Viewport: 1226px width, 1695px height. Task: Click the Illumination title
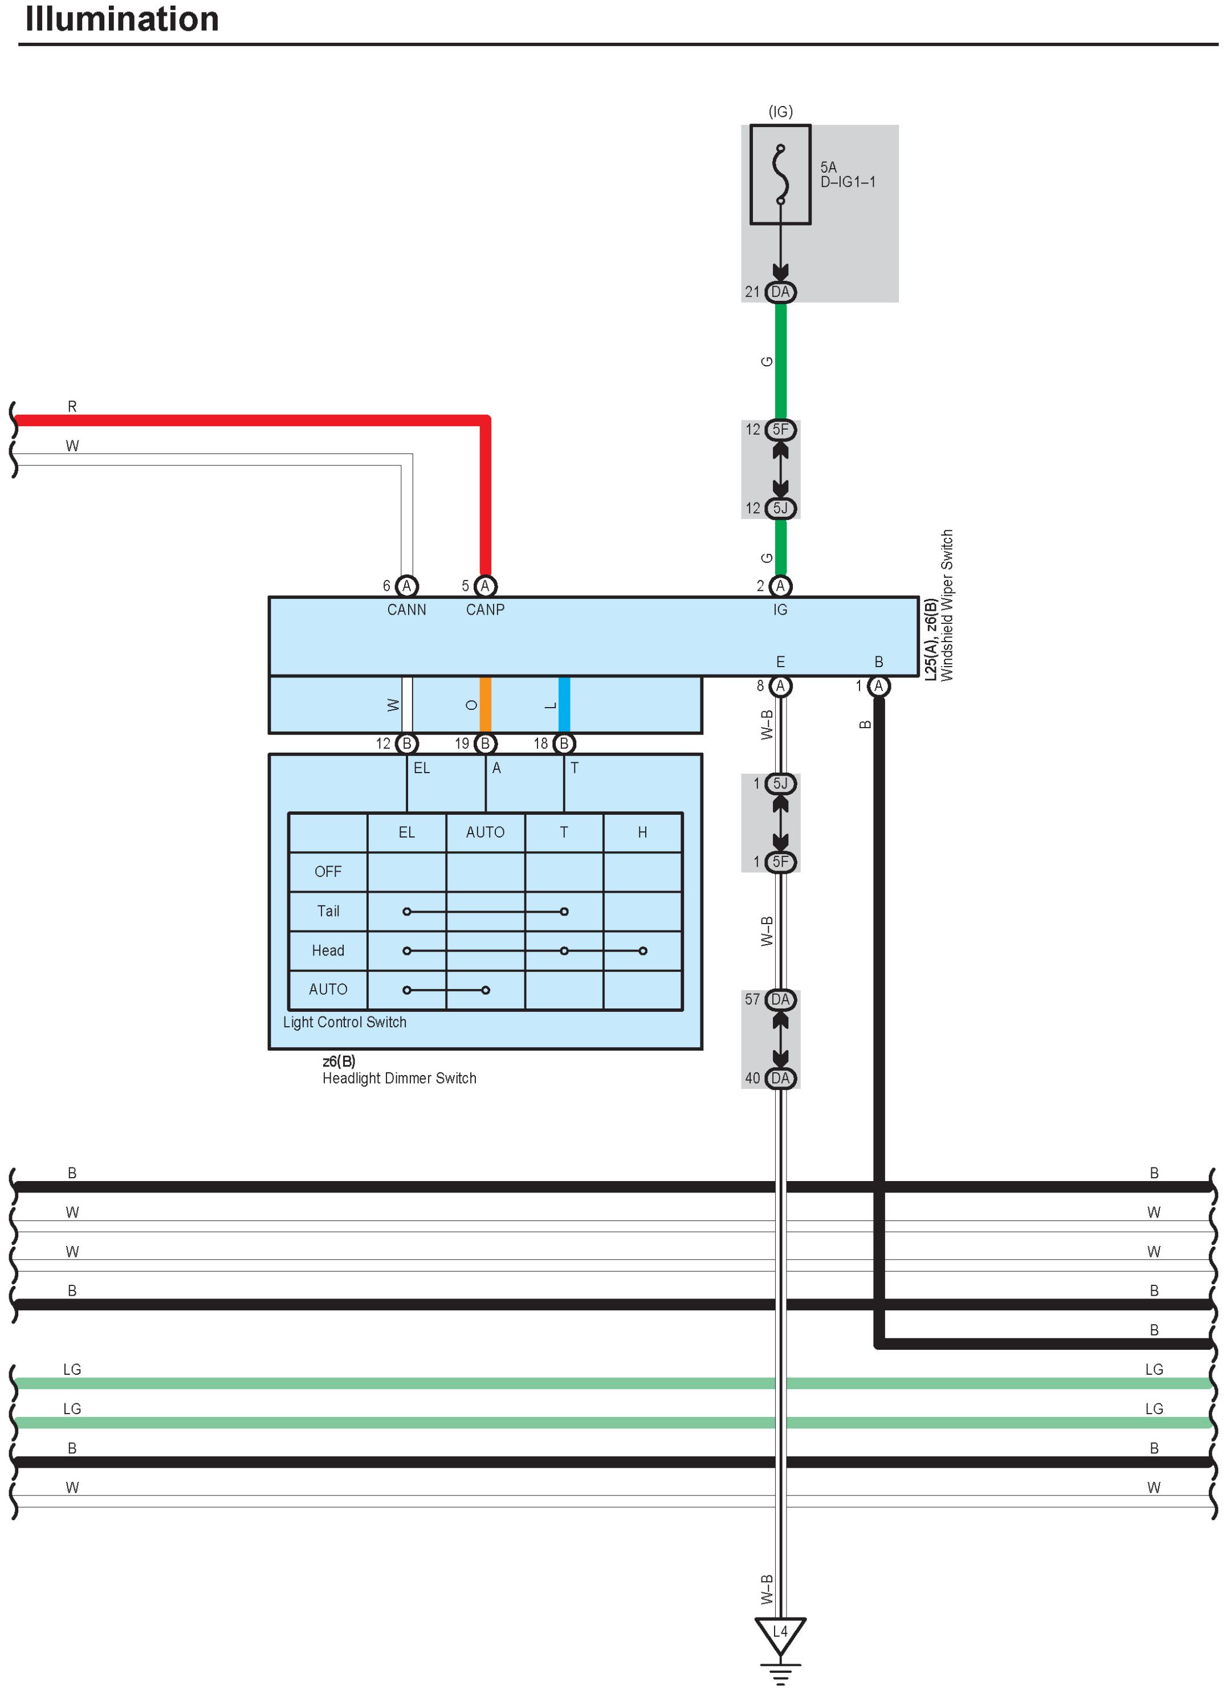tap(122, 19)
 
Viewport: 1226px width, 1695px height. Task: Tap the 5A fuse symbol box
tap(780, 174)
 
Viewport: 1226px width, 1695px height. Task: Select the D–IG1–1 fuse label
tap(848, 182)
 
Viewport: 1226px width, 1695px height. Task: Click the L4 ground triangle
tap(780, 1632)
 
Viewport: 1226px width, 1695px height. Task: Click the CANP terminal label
tap(485, 610)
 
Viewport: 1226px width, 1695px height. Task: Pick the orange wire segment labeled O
tap(485, 705)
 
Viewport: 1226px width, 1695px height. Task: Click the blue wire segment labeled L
tap(564, 705)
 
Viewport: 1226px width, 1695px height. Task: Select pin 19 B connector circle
tap(485, 744)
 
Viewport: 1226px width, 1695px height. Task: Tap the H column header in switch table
tap(642, 832)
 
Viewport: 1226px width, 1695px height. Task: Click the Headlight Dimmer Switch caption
tap(399, 1079)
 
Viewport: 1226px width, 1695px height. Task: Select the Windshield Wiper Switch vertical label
tap(947, 605)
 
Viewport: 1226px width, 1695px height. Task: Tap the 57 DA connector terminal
tap(780, 1000)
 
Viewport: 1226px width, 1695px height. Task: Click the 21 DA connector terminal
tap(780, 292)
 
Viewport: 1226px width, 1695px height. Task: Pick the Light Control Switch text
tap(345, 1022)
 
